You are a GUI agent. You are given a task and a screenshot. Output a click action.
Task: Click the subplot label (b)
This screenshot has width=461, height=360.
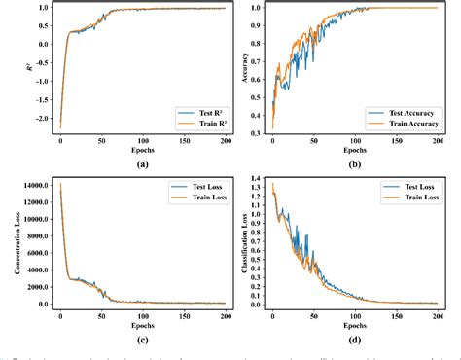[353, 162]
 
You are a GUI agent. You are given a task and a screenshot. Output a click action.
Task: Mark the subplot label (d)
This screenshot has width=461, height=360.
[353, 338]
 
